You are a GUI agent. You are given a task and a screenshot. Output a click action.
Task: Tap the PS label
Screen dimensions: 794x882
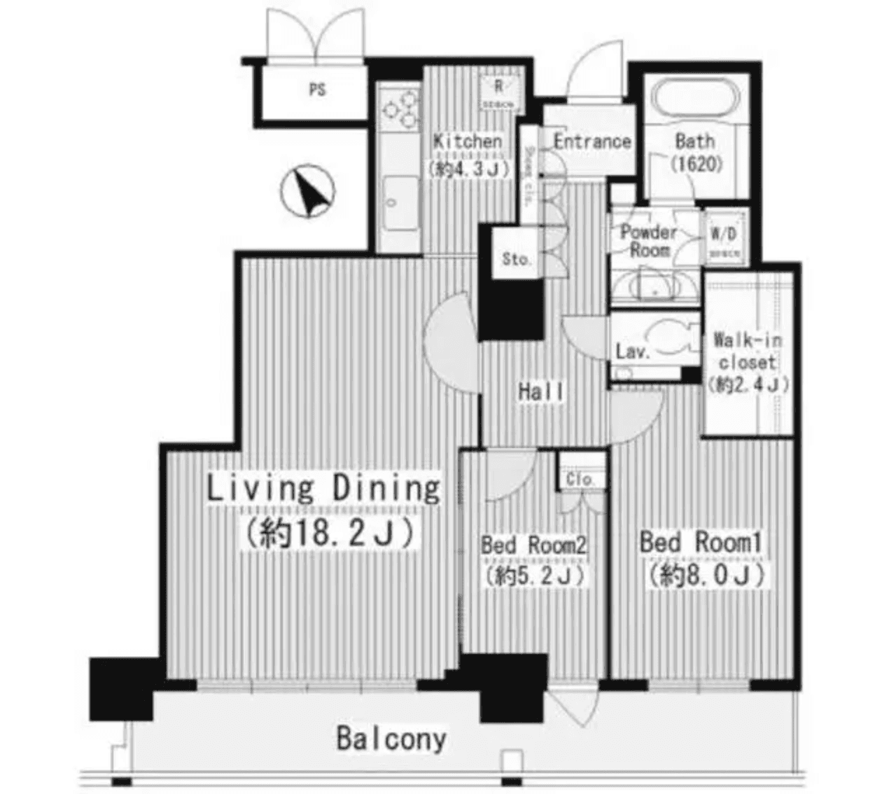(317, 90)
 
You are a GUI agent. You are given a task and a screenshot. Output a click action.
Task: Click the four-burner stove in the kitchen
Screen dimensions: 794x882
(399, 109)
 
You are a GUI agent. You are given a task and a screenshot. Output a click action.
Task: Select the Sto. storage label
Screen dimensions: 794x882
(517, 259)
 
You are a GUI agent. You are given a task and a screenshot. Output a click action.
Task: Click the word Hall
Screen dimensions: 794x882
(541, 391)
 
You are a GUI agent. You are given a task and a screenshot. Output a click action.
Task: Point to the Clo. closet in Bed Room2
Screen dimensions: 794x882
(580, 480)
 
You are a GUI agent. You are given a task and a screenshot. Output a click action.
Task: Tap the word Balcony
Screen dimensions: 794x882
(391, 739)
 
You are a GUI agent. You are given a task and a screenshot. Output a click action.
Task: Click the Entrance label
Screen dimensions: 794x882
(592, 141)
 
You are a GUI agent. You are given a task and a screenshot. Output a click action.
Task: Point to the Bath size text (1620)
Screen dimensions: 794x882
(695, 164)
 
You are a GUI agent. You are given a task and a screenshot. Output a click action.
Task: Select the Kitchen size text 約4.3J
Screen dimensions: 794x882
(465, 168)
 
